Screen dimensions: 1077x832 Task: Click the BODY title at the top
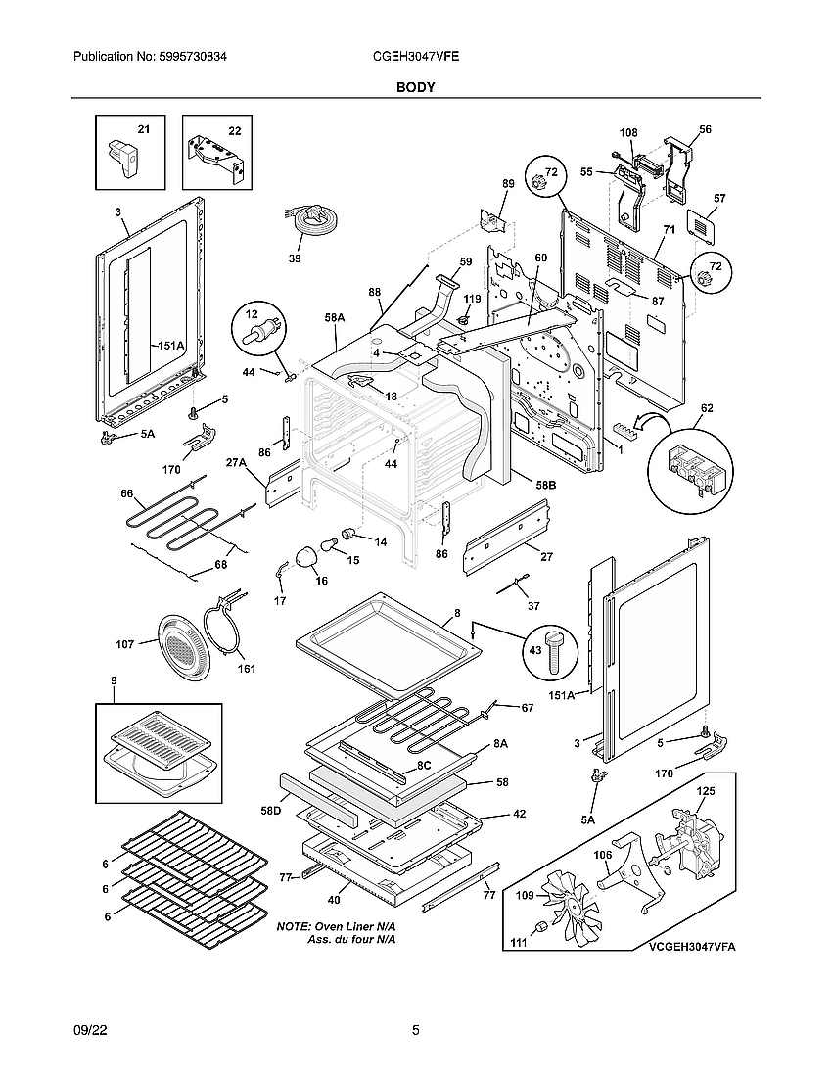coord(415,87)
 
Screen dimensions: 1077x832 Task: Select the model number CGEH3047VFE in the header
coord(417,58)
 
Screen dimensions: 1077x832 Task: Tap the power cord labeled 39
coord(310,223)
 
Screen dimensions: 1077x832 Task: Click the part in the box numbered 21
coord(123,157)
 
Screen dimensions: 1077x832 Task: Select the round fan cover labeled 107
coord(179,643)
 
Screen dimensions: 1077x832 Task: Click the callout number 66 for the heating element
coord(126,493)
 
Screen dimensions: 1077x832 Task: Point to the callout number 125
coord(704,789)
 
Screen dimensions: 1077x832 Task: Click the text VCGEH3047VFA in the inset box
coord(691,947)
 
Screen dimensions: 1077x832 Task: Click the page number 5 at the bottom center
coord(416,1030)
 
